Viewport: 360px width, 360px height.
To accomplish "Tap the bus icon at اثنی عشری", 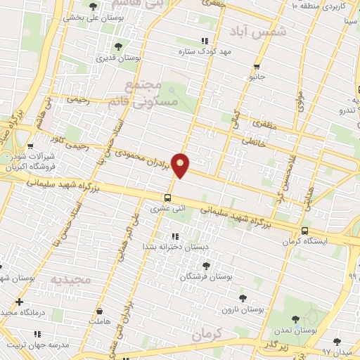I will pyautogui.click(x=167, y=198).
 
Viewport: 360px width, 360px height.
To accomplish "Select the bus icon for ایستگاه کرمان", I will pyautogui.click(x=304, y=231).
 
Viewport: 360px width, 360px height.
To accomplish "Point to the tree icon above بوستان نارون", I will pyautogui.click(x=243, y=298).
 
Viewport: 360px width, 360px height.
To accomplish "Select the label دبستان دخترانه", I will pyautogui.click(x=167, y=247).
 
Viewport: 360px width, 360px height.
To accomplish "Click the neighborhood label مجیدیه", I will pyautogui.click(x=70, y=279).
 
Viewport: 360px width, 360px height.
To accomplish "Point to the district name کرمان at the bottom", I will pyautogui.click(x=210, y=333).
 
